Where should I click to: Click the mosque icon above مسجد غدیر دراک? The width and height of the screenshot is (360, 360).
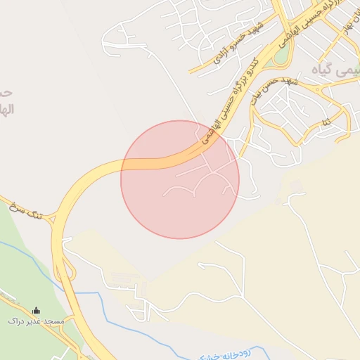point(37,310)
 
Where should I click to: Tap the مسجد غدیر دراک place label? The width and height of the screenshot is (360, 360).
point(36,321)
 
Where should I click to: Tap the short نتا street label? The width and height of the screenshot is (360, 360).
point(326,123)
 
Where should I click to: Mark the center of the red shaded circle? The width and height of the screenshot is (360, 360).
point(180,179)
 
